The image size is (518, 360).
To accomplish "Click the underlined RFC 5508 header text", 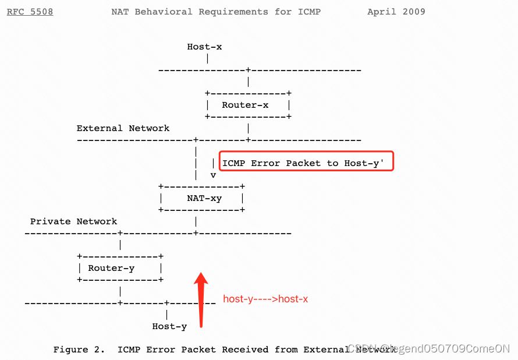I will click(30, 12).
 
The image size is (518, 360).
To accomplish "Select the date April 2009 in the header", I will click(396, 12).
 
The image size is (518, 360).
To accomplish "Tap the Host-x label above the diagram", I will click(204, 47).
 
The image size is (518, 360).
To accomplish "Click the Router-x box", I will click(248, 105).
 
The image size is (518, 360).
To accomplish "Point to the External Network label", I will click(123, 128).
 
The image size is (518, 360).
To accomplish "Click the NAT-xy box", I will click(201, 198).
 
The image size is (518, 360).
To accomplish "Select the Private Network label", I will click(73, 221).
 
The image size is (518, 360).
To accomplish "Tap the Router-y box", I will click(120, 268).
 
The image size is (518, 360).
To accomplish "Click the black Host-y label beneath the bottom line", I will click(169, 326).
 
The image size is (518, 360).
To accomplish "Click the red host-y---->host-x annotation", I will click(265, 299).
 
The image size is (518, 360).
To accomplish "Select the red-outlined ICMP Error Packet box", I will click(306, 161).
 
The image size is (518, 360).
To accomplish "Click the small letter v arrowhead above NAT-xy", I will click(213, 174).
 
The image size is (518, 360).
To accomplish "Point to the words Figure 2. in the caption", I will click(79, 350).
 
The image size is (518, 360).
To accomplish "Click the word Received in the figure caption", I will click(245, 350).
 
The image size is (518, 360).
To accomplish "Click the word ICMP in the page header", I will click(309, 12).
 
